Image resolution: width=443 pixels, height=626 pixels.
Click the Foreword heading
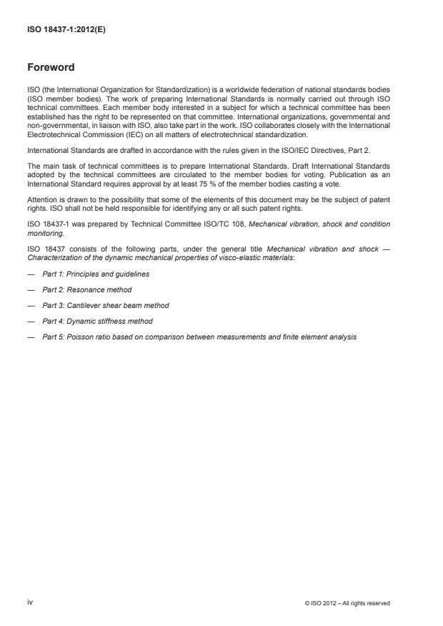[51, 68]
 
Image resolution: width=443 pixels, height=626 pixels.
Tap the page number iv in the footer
[30, 602]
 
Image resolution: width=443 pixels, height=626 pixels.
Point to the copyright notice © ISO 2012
[347, 603]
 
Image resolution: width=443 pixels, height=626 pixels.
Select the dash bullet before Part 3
[31, 305]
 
